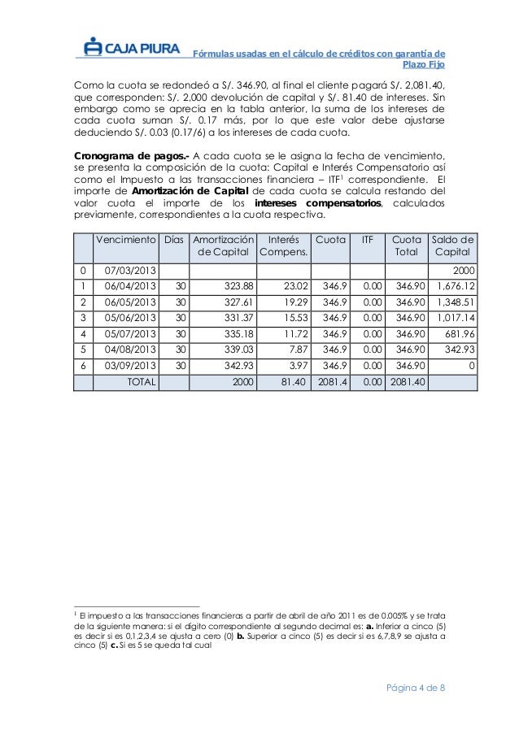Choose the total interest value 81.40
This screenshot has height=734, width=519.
287,382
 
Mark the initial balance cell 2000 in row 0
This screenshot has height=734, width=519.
464,269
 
